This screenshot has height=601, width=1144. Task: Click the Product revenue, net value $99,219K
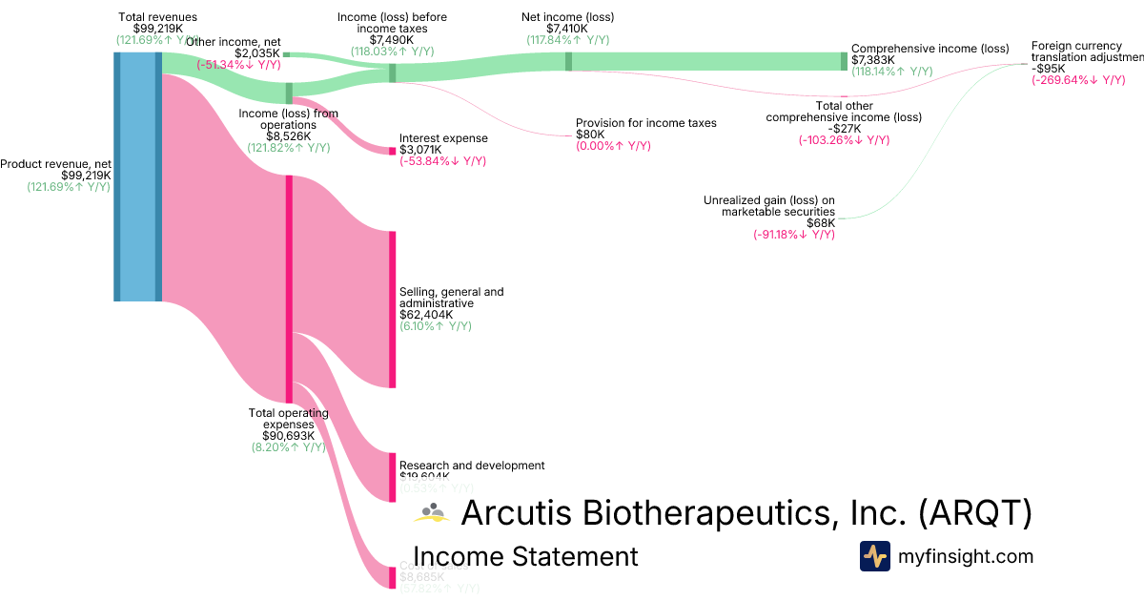tap(86, 176)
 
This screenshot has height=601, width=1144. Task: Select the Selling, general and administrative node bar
tap(391, 309)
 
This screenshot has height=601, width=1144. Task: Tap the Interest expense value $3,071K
tap(420, 151)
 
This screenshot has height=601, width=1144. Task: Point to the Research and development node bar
tap(391, 477)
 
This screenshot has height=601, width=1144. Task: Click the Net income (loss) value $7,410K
tap(567, 29)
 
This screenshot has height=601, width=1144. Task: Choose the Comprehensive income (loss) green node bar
tap(843, 61)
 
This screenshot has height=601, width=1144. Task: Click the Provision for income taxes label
tap(645, 123)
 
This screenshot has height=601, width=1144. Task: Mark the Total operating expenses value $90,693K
tap(288, 435)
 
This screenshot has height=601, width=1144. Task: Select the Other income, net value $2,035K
tap(257, 53)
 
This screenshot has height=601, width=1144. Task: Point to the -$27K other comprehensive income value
tap(844, 129)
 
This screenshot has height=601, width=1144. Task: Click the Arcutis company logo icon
tap(432, 513)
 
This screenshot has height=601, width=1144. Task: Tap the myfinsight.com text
tap(966, 556)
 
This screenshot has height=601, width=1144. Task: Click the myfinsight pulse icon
tap(874, 556)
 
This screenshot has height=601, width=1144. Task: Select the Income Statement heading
tap(525, 557)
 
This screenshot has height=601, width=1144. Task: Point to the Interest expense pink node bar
tap(391, 151)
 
